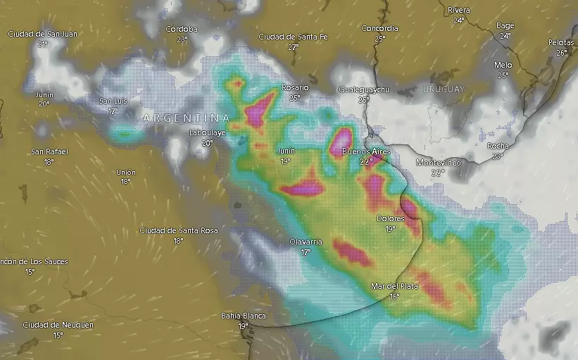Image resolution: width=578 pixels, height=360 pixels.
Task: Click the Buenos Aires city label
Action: (365, 151)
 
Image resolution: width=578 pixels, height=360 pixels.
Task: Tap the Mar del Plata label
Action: (395, 286)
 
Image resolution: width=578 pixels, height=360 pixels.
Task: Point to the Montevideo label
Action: (439, 163)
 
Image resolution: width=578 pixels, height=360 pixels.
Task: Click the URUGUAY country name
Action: (444, 89)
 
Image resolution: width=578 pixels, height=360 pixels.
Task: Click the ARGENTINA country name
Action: (186, 118)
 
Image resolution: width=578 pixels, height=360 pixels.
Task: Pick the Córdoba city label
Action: (182, 29)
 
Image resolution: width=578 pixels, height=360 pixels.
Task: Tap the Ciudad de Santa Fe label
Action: (293, 37)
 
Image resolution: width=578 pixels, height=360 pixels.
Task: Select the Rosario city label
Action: (295, 87)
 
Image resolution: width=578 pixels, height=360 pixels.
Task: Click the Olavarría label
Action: (306, 242)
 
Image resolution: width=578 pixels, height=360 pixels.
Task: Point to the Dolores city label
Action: (390, 218)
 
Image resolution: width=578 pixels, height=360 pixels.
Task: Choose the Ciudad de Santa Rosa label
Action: (179, 230)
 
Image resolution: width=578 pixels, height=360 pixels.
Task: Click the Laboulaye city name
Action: (207, 132)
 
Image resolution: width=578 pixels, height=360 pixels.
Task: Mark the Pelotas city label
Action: (561, 43)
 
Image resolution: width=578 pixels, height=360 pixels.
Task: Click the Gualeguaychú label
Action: (364, 90)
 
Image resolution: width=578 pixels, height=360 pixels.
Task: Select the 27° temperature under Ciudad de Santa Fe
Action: (293, 47)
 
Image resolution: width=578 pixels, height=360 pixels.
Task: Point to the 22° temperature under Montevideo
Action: (438, 173)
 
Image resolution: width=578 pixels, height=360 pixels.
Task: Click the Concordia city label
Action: (379, 29)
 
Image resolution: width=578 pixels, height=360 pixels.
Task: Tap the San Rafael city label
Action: (49, 151)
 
